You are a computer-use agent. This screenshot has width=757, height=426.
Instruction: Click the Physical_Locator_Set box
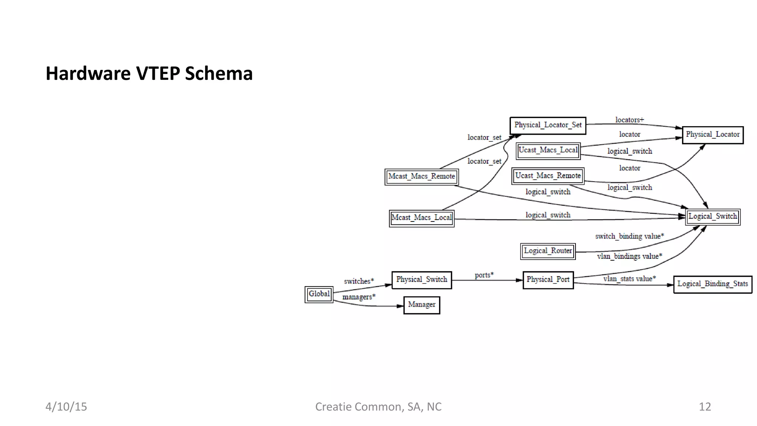[548, 125]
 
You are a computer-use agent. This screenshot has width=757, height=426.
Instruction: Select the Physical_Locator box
[712, 135]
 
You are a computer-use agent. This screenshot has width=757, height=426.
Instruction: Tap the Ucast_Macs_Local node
[548, 151]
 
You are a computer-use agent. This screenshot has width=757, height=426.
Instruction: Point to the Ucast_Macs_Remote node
[548, 176]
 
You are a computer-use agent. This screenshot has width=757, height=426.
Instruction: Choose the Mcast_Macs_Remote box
[421, 177]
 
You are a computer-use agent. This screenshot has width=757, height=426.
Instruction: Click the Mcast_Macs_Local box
[421, 218]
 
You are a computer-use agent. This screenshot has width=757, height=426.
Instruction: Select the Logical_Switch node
[712, 217]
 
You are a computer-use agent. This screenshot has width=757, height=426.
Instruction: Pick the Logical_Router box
[548, 251]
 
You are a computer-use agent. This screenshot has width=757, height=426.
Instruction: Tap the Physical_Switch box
[421, 280]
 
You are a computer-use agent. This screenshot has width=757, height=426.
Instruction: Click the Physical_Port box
[548, 280]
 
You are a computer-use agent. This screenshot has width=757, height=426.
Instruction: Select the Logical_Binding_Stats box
[712, 284]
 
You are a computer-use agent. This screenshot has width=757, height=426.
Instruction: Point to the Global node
[319, 294]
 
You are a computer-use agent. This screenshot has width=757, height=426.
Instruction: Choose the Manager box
[421, 305]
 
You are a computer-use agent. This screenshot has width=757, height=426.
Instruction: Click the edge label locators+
[629, 120]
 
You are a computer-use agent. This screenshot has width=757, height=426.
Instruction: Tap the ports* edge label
[484, 275]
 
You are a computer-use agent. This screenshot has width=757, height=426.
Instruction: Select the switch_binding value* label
[629, 236]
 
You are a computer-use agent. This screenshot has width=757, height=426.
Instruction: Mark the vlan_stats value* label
[629, 279]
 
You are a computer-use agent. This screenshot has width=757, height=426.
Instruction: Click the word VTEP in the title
[158, 74]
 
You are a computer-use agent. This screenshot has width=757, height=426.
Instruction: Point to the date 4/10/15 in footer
[66, 407]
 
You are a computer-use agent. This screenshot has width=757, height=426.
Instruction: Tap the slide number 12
[705, 407]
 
